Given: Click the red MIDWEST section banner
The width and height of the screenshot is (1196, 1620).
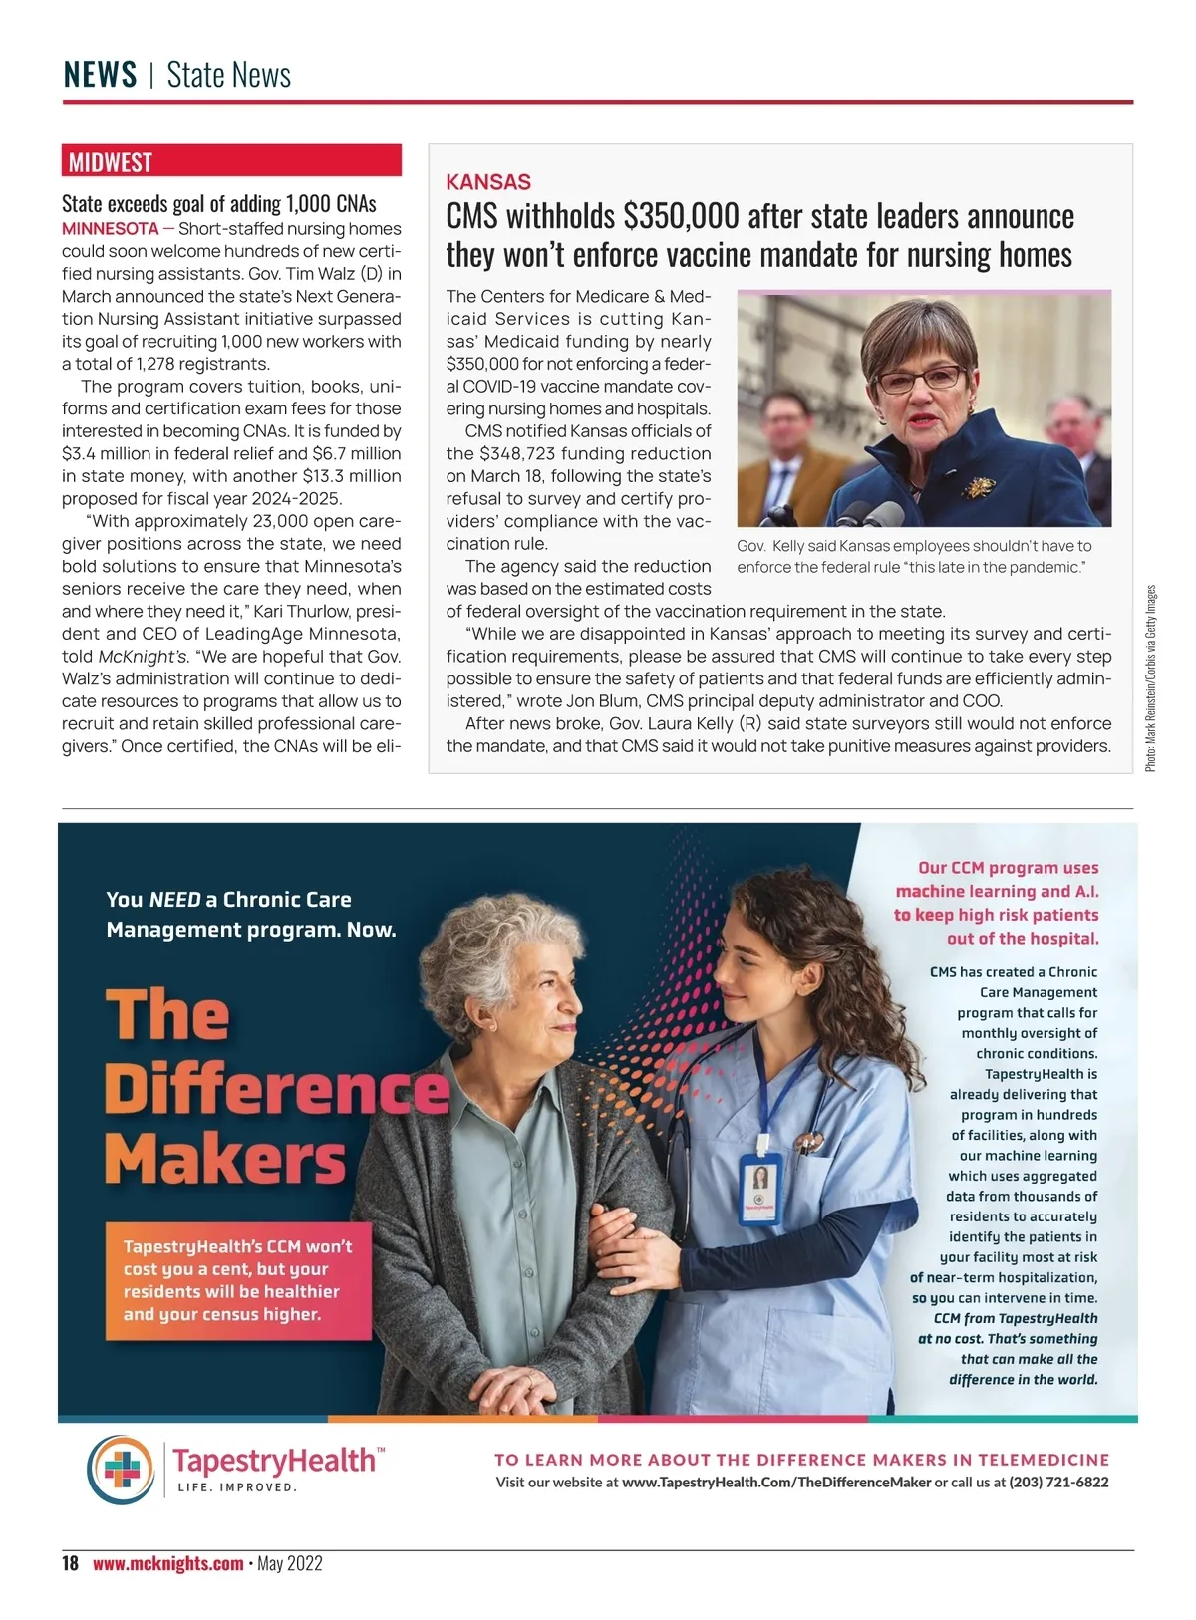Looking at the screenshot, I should pos(231,161).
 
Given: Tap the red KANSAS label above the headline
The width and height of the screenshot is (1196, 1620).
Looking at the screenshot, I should pos(488,182).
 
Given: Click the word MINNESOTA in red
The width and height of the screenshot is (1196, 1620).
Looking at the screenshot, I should pos(110,229).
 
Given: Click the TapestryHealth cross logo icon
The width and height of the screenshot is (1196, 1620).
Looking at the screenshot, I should pos(121,1469).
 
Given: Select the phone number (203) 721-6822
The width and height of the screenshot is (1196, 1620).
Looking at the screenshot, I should pos(1058,1483).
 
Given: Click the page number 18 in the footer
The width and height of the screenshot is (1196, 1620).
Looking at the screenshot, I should pos(70,1563).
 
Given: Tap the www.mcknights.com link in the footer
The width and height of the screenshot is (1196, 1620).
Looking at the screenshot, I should pos(167,1563).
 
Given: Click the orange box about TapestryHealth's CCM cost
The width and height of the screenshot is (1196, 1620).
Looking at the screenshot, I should pos(237,1280).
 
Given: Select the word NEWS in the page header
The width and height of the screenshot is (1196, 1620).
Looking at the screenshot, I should pos(100,75).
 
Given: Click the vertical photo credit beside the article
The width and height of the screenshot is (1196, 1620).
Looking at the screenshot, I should pos(1150,677).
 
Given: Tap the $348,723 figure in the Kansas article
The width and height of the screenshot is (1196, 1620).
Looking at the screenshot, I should pos(517,453).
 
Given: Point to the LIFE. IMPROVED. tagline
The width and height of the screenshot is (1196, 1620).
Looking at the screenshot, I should pos(237,1487).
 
